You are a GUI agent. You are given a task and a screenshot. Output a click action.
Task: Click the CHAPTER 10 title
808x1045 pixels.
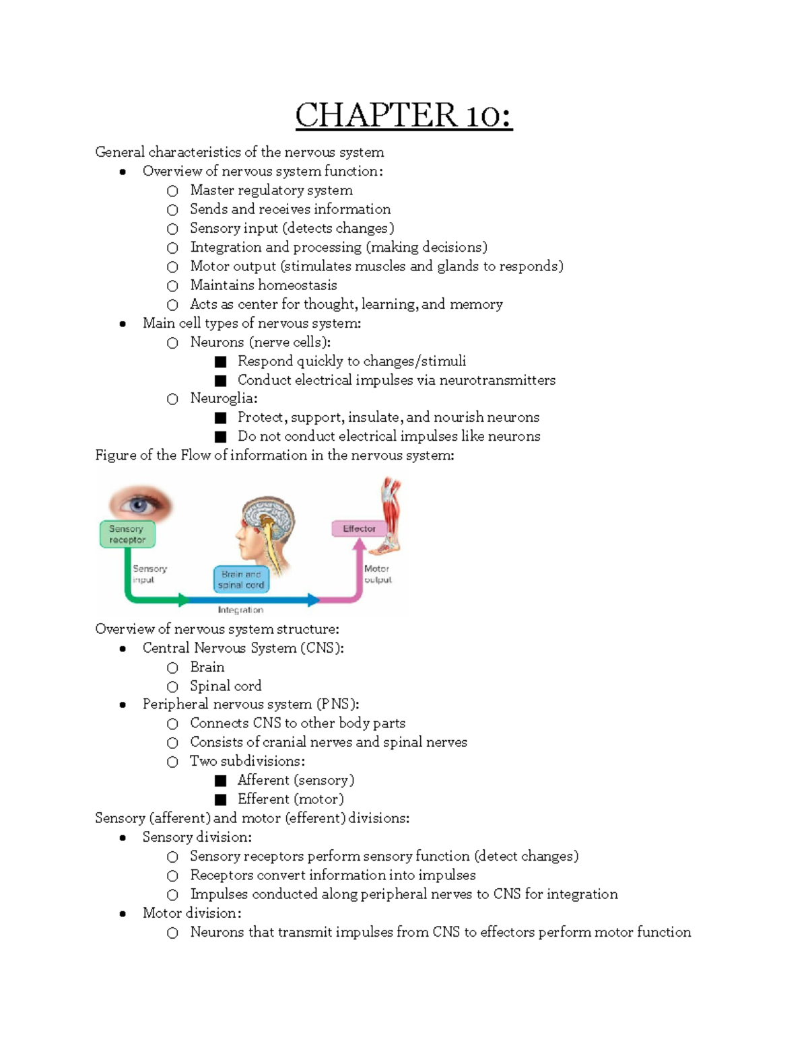(x=403, y=115)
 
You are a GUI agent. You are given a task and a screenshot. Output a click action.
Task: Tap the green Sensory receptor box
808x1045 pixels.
(x=127, y=534)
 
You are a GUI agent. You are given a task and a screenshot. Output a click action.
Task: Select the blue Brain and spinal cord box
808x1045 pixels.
(x=241, y=579)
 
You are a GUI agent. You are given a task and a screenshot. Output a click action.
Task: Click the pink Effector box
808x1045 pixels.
(x=359, y=529)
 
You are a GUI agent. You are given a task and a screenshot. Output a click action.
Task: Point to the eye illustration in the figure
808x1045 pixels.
(x=139, y=504)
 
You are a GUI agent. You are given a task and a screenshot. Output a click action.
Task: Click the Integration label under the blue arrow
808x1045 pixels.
(x=240, y=610)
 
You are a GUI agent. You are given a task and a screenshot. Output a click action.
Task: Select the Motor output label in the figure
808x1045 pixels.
(x=377, y=574)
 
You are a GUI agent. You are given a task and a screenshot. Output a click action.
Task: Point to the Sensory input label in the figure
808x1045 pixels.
(x=149, y=574)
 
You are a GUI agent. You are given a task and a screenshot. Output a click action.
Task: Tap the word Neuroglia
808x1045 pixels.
(x=222, y=398)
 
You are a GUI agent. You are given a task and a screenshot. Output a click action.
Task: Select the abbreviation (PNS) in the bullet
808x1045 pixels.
(x=335, y=705)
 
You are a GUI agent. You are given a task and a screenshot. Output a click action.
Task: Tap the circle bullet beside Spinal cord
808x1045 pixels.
(x=173, y=686)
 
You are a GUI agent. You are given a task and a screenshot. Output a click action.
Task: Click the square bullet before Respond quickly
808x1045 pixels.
(x=220, y=361)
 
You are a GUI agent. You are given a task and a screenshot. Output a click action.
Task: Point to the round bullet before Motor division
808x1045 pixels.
(x=123, y=914)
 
